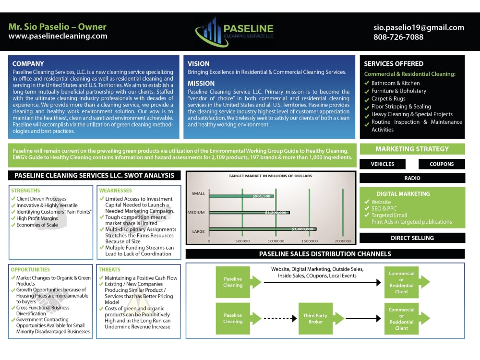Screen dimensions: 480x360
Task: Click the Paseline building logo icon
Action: [x=211, y=32]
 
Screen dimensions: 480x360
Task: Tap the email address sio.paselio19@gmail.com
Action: [x=419, y=27]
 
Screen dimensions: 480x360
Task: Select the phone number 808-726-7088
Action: [x=398, y=37]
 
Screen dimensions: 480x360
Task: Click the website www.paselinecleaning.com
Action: [x=58, y=36]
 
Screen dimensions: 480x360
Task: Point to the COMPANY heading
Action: [x=28, y=64]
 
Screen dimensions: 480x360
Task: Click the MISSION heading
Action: [x=201, y=83]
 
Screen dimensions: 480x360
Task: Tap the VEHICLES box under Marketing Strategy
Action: [x=383, y=164]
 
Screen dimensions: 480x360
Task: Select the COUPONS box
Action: [x=442, y=164]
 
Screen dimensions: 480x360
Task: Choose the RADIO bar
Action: [x=412, y=178]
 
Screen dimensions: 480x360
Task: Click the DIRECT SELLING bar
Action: [x=412, y=238]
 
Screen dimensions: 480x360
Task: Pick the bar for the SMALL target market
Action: [x=241, y=196]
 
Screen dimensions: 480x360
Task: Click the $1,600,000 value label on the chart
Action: [x=302, y=229]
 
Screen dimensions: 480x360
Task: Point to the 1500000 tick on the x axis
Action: [x=309, y=241]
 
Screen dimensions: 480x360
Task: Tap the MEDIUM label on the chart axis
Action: [x=196, y=212]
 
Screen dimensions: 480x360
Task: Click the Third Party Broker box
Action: [x=315, y=318]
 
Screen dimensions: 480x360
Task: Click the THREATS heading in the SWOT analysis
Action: [x=109, y=270]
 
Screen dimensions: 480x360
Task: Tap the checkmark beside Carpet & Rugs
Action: [x=366, y=99]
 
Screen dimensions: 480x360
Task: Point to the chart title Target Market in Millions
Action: [x=270, y=176]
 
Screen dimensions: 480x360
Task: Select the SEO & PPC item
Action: [x=384, y=208]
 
